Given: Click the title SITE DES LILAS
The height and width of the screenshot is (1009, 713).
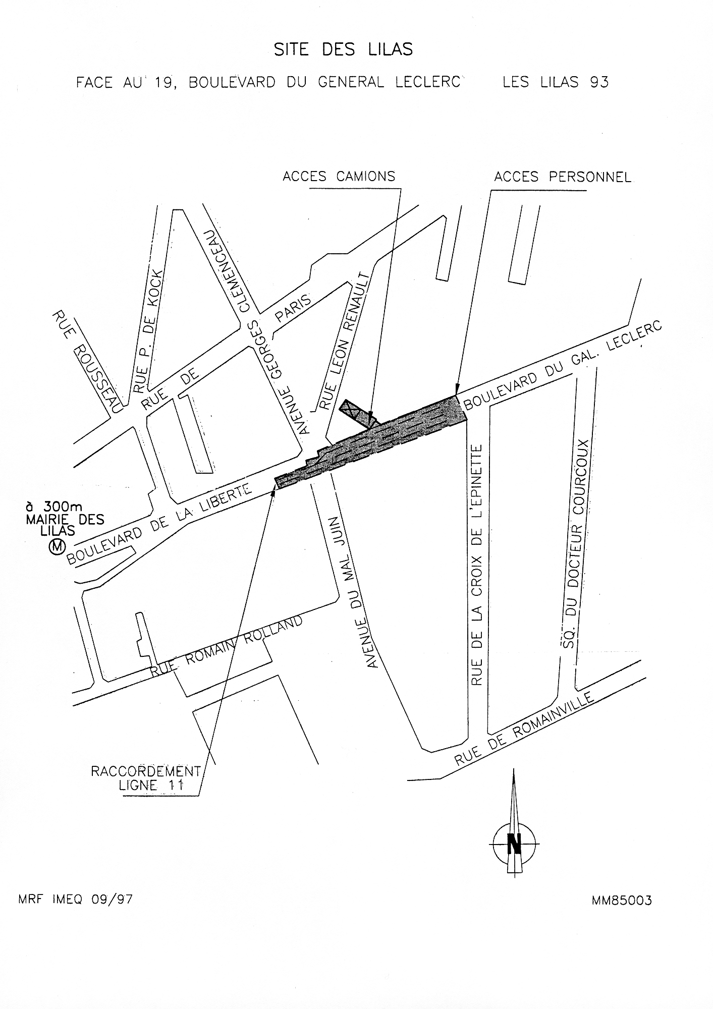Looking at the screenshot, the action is (x=343, y=49).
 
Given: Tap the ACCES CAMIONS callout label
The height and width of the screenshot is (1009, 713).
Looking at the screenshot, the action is (x=339, y=176).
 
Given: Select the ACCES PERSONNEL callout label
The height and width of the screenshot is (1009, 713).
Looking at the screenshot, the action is (x=562, y=177).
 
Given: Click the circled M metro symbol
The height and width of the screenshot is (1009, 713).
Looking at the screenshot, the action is (x=57, y=546).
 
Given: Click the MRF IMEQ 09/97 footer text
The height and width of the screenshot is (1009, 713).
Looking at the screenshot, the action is (x=75, y=900).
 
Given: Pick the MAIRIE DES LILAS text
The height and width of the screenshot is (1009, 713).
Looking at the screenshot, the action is (x=65, y=525).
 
